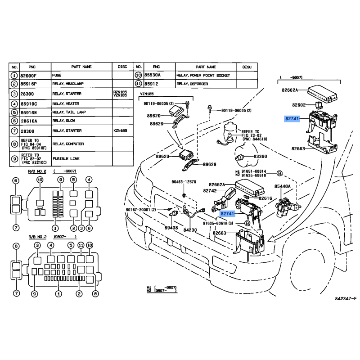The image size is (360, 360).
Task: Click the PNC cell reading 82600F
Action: [29, 75]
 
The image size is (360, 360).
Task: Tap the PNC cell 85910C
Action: [29, 103]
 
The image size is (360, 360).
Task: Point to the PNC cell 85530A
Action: [153, 75]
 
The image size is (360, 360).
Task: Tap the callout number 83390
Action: [260, 156]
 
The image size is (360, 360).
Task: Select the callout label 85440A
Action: [283, 185]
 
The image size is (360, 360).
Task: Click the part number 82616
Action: [265, 198]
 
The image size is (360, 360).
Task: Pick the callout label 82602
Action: [299, 105]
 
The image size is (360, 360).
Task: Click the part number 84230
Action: [190, 230]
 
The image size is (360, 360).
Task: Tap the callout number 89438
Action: [171, 228]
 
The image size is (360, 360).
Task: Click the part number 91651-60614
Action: [254, 171]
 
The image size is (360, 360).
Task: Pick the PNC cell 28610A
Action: [29, 121]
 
